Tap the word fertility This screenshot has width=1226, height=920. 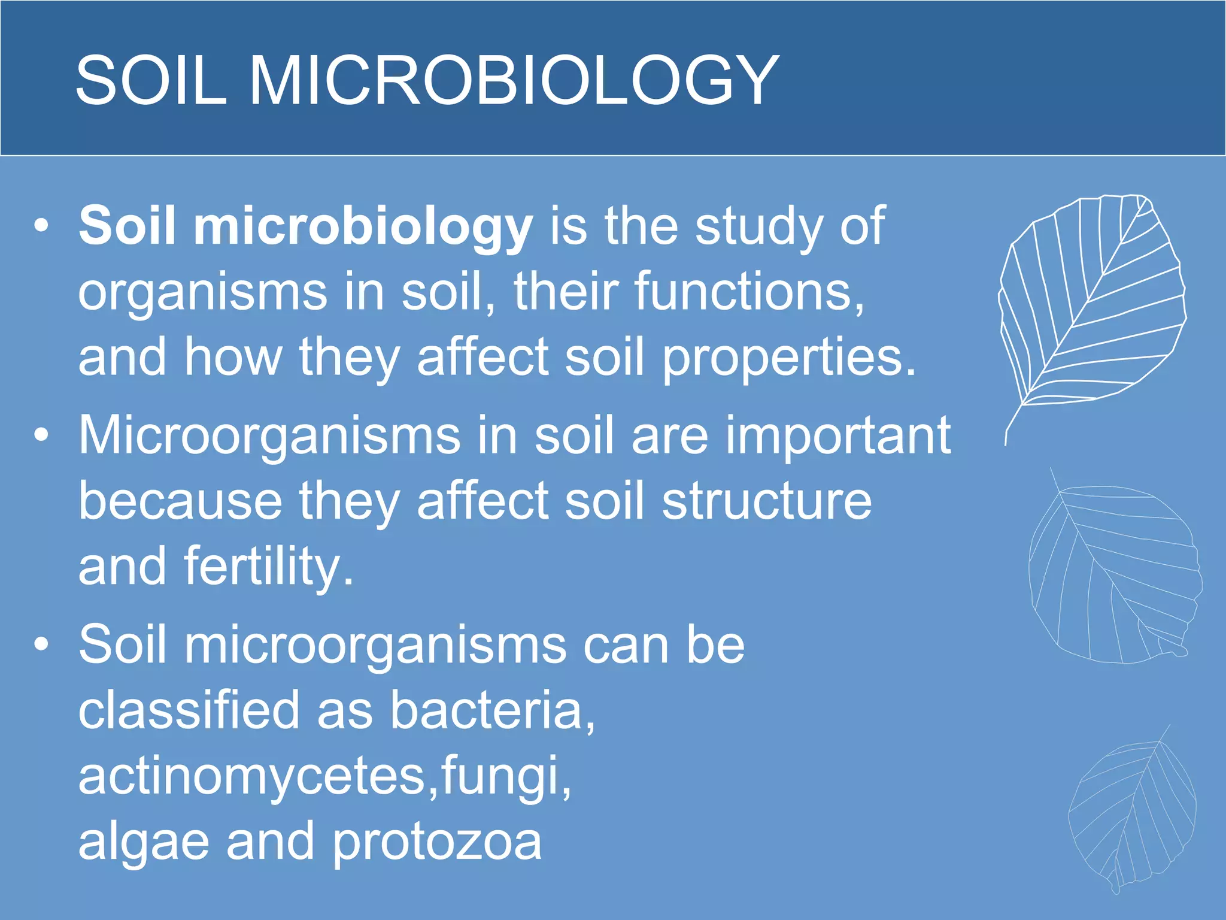[x=269, y=567]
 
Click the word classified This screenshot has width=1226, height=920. [x=189, y=710]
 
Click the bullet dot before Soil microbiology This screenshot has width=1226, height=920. [x=41, y=226]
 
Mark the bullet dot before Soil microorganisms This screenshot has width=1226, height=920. [x=41, y=644]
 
